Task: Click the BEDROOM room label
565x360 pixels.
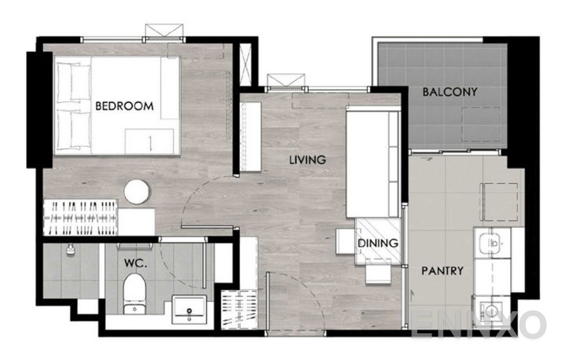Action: coord(124,105)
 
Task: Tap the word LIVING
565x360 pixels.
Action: coord(307,160)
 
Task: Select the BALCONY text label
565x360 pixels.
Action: coord(449,92)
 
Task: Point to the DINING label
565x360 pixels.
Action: coord(378,244)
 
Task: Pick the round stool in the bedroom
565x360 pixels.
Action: coord(138,192)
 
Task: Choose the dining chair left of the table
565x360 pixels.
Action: coord(345,241)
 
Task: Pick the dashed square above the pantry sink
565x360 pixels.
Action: coord(500,203)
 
